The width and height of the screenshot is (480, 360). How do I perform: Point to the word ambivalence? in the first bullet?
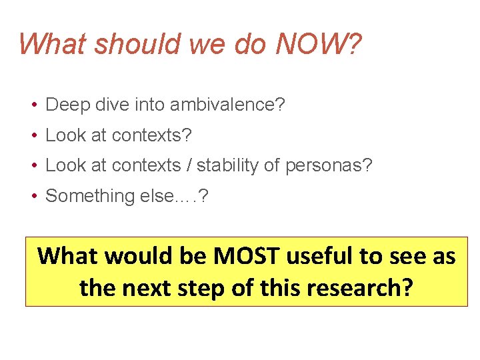[x=227, y=105]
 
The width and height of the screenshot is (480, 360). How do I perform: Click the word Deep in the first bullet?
[x=63, y=105]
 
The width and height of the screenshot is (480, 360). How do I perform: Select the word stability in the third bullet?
[x=225, y=165]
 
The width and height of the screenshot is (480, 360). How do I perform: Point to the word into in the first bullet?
[x=144, y=105]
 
